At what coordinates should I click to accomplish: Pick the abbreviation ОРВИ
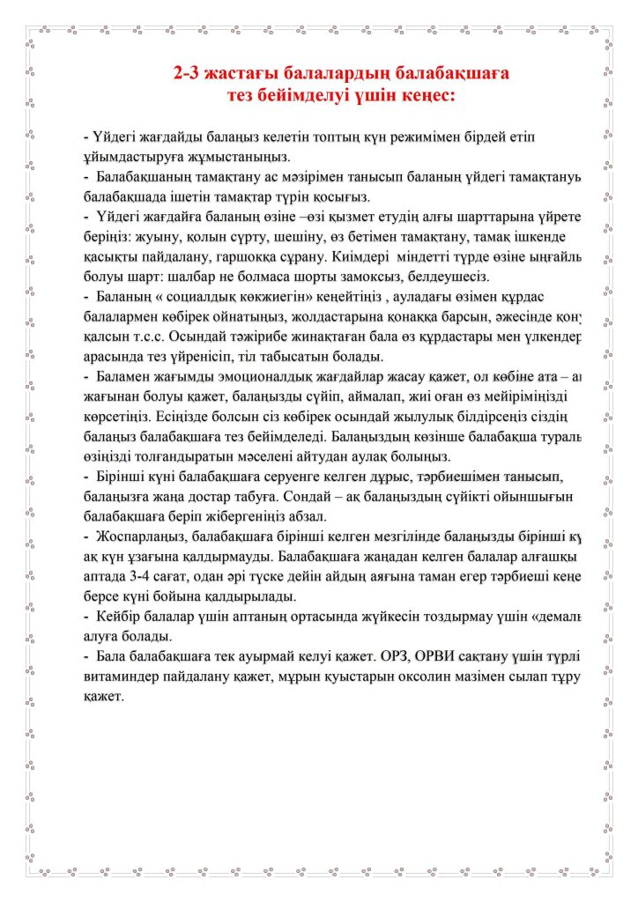click(x=485, y=655)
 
